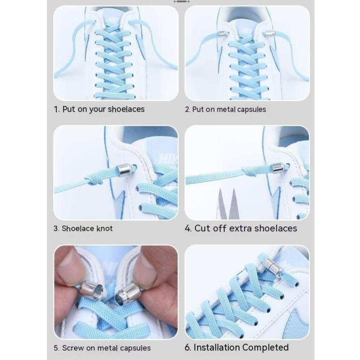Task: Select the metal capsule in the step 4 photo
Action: [x=279, y=167]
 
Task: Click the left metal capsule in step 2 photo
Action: [x=222, y=33]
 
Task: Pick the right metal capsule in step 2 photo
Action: [x=269, y=33]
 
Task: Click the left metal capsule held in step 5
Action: [x=88, y=290]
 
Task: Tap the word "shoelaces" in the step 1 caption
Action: [x=126, y=109]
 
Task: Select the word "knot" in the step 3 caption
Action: [x=105, y=228]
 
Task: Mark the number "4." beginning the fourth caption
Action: [x=188, y=228]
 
